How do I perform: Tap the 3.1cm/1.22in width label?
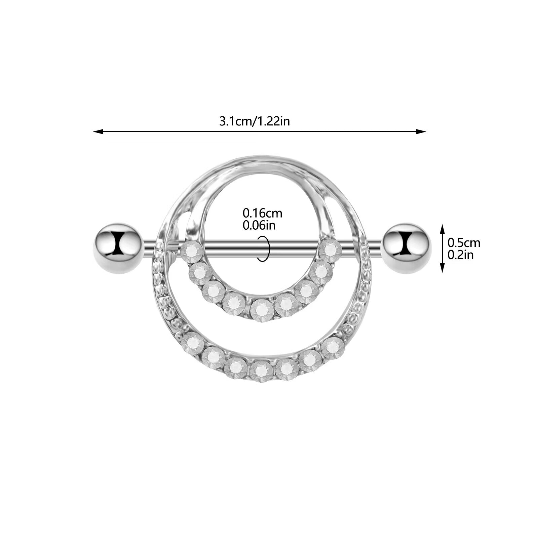[255, 121]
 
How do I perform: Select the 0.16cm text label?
[262, 213]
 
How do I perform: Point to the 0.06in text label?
[259, 225]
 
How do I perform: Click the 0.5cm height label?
[464, 243]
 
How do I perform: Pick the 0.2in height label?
[460, 255]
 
